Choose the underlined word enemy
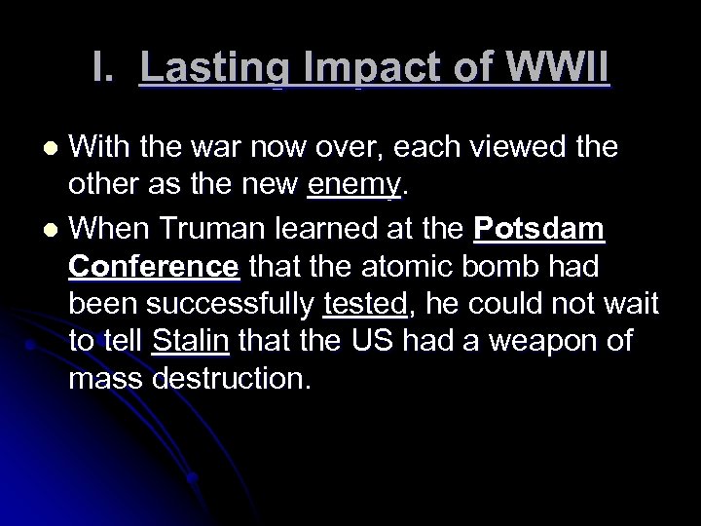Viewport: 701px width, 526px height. pos(352,185)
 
